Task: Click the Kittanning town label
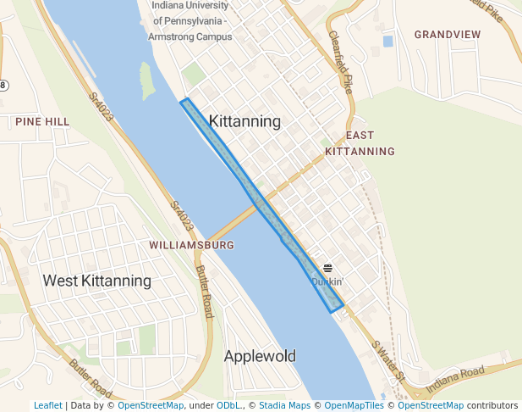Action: (x=245, y=121)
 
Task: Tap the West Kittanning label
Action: (x=97, y=281)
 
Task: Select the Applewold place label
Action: (x=260, y=356)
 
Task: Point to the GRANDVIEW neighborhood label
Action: (x=448, y=35)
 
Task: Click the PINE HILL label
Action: (x=42, y=122)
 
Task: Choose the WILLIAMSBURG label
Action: (x=191, y=245)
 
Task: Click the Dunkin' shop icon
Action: (x=327, y=268)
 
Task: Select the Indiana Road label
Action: (x=454, y=377)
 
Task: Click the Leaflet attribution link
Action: (x=47, y=405)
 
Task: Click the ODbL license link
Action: (x=228, y=405)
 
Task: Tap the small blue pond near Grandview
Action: (x=387, y=40)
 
